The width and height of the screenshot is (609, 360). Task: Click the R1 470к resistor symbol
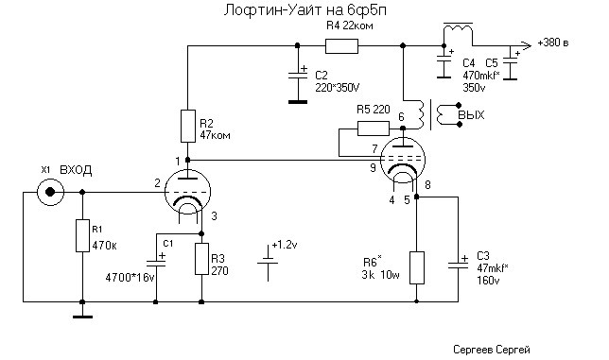pyautogui.click(x=82, y=235)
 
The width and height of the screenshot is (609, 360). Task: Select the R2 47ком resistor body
pyautogui.click(x=188, y=126)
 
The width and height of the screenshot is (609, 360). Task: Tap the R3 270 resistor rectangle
pyautogui.click(x=201, y=259)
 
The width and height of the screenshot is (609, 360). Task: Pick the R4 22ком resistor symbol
pyautogui.click(x=341, y=45)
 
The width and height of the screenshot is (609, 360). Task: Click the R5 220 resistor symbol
pyautogui.click(x=374, y=129)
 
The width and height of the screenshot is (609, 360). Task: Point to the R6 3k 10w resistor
pyautogui.click(x=417, y=267)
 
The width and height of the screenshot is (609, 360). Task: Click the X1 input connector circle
pyautogui.click(x=50, y=192)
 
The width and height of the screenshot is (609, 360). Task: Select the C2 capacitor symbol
pyautogui.click(x=298, y=76)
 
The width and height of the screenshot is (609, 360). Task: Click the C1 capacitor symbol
pyautogui.click(x=156, y=263)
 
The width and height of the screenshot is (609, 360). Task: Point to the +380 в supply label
pyautogui.click(x=553, y=43)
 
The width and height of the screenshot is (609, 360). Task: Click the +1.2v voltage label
pyautogui.click(x=285, y=245)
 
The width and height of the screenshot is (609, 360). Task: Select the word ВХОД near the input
pyautogui.click(x=76, y=170)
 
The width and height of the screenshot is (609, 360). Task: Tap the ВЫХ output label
pyautogui.click(x=471, y=115)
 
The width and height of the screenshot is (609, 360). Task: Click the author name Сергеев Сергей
pyautogui.click(x=492, y=350)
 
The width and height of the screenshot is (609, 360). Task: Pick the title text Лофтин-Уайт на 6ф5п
pyautogui.click(x=304, y=10)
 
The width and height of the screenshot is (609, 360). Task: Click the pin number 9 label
pyautogui.click(x=374, y=167)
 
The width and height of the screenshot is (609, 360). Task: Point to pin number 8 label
pyautogui.click(x=427, y=184)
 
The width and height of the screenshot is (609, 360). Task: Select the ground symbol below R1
pyautogui.click(x=82, y=317)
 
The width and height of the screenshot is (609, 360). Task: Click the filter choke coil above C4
pyautogui.click(x=459, y=29)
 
